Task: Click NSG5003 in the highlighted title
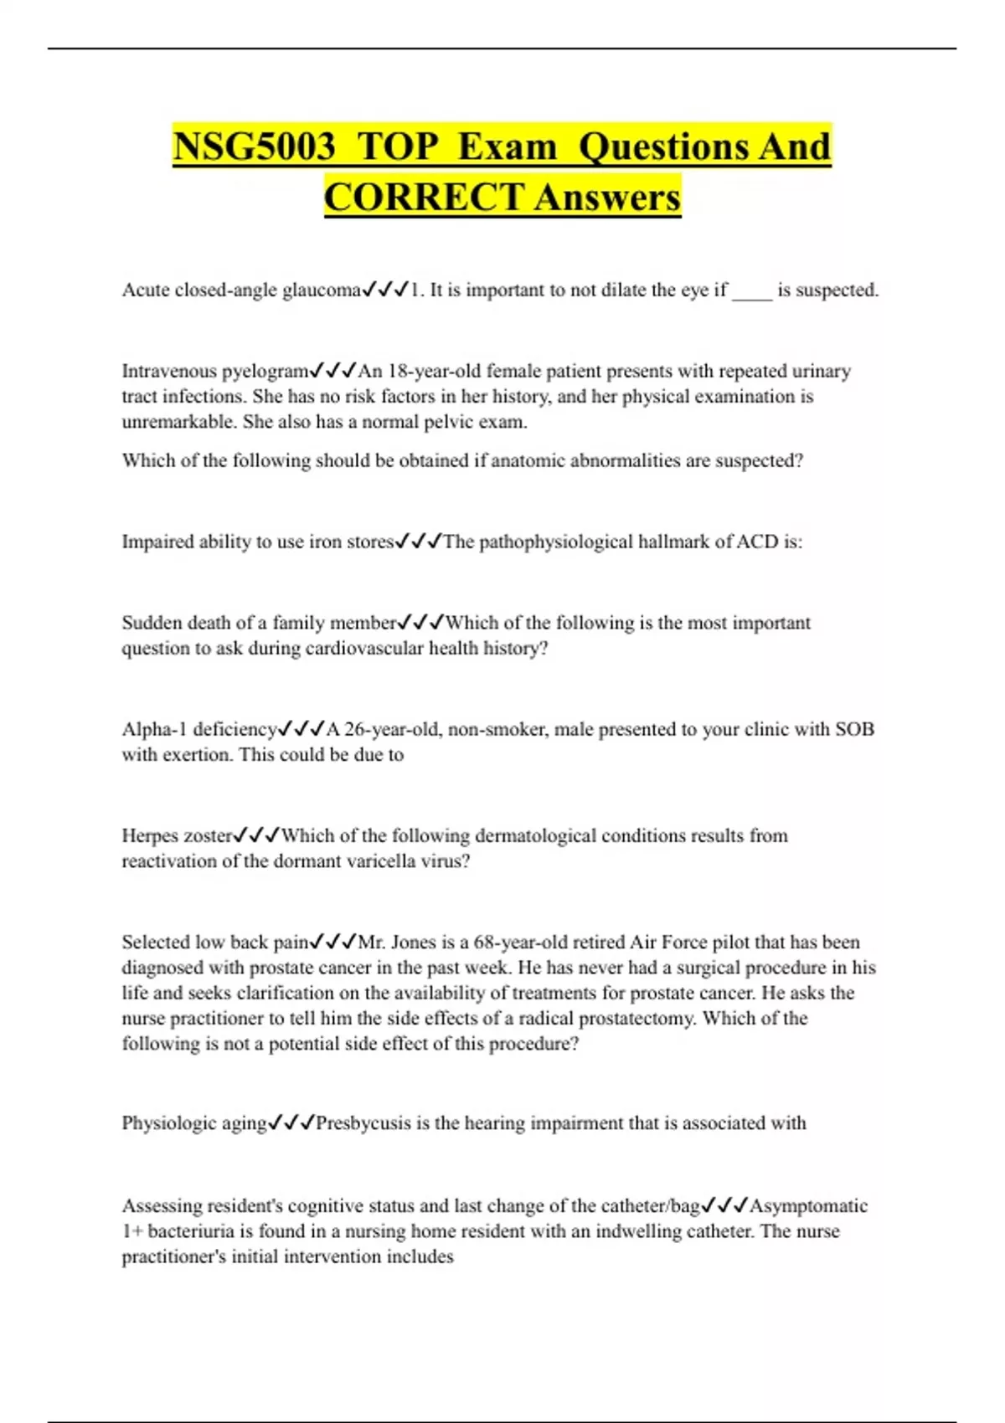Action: pyautogui.click(x=254, y=147)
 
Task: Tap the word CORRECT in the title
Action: pyautogui.click(x=424, y=198)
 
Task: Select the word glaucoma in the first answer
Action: pyautogui.click(x=322, y=290)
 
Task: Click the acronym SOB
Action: pyautogui.click(x=854, y=729)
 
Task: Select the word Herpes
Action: pyautogui.click(x=150, y=835)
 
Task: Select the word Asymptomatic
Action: pyautogui.click(x=808, y=1206)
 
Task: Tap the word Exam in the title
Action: pyautogui.click(x=508, y=147)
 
